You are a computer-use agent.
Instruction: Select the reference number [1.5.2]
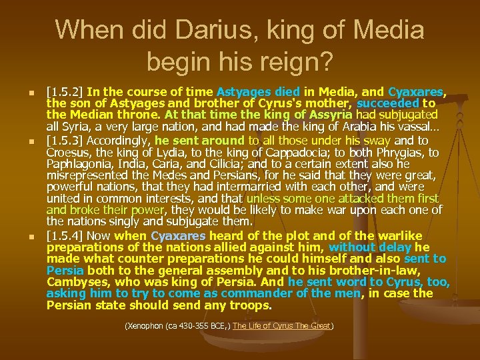(x=64, y=91)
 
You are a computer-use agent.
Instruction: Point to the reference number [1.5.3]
(x=64, y=141)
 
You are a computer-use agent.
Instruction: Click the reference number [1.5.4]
(x=64, y=235)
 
